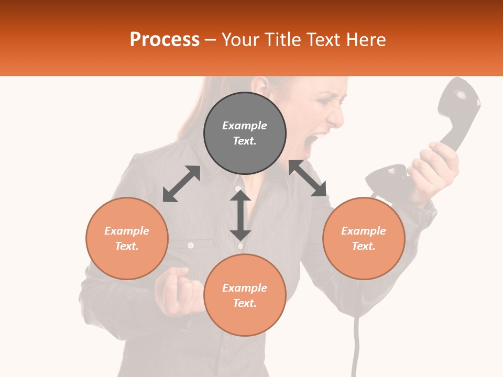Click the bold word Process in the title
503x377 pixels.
coord(165,40)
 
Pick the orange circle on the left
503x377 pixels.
coord(127,238)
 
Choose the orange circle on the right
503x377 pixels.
coord(364,238)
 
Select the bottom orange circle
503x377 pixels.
coord(245,295)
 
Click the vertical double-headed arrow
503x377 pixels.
coord(240,215)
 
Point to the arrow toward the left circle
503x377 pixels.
coord(181,184)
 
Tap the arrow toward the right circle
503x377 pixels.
coord(308,178)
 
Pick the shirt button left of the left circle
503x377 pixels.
coord(191,245)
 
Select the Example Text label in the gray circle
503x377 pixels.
coord(245,133)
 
